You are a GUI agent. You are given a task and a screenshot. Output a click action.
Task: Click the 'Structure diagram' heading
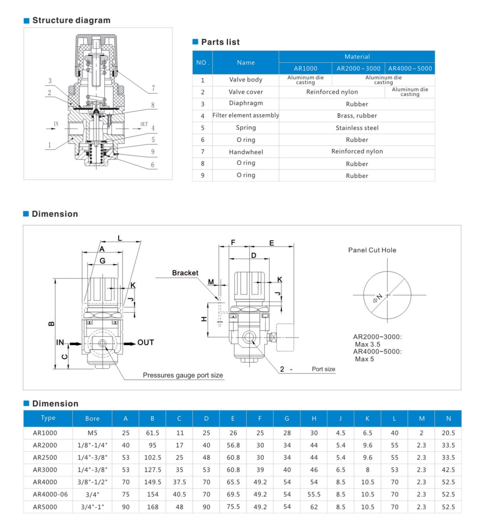tap(71, 20)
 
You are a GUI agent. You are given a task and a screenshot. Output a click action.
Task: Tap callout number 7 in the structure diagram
tap(153, 88)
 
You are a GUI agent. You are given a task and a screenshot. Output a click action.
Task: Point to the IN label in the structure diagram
tap(56, 124)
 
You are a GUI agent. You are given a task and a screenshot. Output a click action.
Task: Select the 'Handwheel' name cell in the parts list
tap(246, 152)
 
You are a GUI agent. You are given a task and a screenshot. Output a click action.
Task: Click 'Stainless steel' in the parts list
tap(357, 128)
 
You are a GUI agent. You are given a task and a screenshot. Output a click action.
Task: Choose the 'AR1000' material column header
tap(305, 68)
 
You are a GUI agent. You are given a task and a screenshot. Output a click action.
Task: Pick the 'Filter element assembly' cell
tap(246, 115)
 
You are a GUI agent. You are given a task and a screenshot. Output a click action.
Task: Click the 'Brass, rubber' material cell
tap(357, 116)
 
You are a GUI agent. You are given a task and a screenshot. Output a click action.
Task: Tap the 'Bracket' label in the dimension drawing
tap(185, 273)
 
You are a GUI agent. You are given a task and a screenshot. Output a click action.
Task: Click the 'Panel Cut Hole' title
tap(372, 250)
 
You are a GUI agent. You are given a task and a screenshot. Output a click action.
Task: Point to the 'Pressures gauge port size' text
tap(183, 375)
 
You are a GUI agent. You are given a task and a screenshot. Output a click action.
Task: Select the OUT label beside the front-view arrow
tap(145, 342)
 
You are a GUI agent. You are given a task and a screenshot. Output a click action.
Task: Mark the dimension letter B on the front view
tap(52, 323)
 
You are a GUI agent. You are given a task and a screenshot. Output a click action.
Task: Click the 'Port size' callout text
tap(323, 369)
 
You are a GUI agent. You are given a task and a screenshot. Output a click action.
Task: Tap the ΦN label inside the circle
tap(378, 298)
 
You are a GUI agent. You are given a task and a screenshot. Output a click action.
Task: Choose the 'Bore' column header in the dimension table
tap(92, 418)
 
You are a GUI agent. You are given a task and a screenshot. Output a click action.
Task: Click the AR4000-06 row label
tap(50, 494)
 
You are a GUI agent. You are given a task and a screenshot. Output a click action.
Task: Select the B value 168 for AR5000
tap(153, 507)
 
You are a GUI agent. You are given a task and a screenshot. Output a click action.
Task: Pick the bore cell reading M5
tap(92, 433)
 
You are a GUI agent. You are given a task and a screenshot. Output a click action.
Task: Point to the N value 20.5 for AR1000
tap(448, 433)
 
